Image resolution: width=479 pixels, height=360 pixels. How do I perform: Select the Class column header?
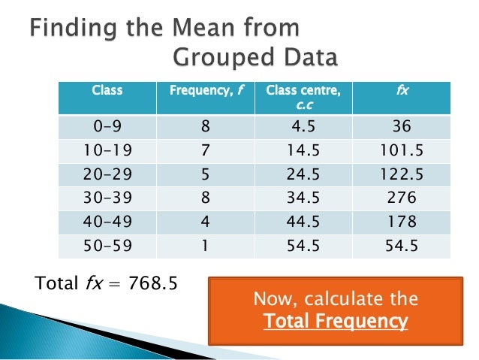pos(107,91)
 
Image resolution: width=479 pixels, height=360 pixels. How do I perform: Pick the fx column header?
pos(402,91)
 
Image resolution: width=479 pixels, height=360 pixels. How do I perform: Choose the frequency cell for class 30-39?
pos(205,199)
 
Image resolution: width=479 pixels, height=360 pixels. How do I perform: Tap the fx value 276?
pos(402,199)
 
